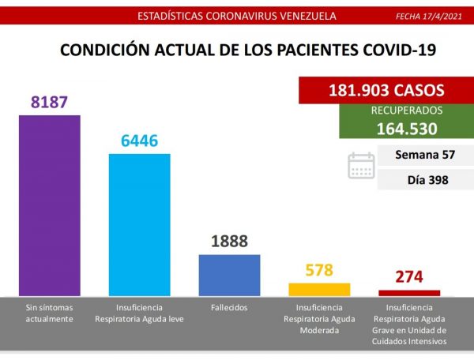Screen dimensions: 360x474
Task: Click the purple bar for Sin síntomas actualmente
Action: (x=49, y=205)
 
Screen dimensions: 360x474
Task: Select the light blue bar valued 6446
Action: (x=139, y=224)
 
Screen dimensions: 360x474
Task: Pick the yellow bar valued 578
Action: (x=319, y=289)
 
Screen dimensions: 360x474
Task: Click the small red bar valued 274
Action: (x=409, y=292)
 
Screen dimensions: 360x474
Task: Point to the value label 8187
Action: (x=49, y=103)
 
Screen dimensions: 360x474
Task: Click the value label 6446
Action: (x=139, y=141)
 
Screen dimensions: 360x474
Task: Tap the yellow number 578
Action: (x=319, y=270)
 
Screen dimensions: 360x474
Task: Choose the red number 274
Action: (x=409, y=277)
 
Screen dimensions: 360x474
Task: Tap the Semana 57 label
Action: (x=427, y=156)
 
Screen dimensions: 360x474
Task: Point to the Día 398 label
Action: (x=427, y=180)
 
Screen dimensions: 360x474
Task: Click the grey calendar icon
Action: (x=361, y=166)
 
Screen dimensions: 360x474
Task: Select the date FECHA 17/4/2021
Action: (x=428, y=16)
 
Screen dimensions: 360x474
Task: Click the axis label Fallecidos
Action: (x=229, y=307)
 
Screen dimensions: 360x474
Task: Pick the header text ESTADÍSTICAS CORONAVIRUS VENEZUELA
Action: (x=225, y=16)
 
